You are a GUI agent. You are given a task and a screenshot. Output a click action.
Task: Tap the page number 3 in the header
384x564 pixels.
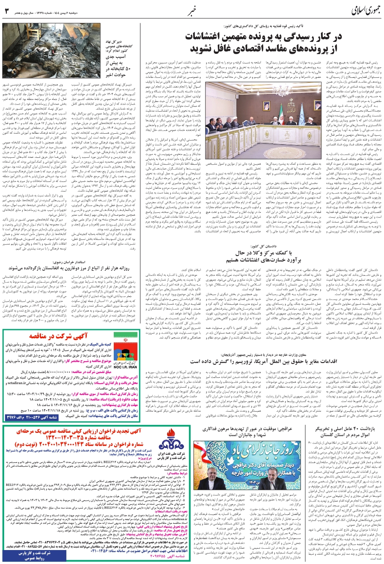6,9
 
